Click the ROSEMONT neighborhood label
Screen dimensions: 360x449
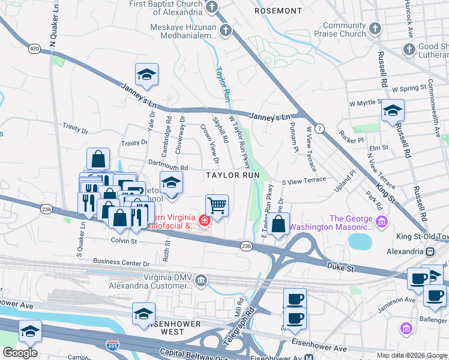tap(278, 11)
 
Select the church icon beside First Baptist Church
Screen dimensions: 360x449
tap(211, 7)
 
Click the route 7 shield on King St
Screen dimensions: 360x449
tap(320, 128)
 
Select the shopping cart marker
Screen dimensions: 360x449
tap(217, 206)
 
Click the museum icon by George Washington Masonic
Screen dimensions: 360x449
tap(381, 223)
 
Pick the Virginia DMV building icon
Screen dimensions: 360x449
tap(201, 280)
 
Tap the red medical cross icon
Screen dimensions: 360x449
tap(205, 221)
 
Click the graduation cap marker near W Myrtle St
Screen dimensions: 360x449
tap(393, 110)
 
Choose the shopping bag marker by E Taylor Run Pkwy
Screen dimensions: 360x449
tap(279, 224)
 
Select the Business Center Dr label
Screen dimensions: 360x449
tap(121, 263)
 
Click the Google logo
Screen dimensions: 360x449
tap(20, 353)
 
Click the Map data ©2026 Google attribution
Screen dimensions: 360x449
tap(411, 355)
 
